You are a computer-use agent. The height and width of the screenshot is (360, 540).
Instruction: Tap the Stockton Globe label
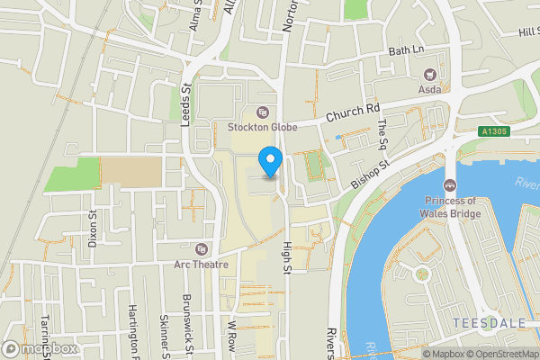pyautogui.click(x=262, y=126)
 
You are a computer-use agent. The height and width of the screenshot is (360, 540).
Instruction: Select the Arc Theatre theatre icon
pyautogui.click(x=202, y=248)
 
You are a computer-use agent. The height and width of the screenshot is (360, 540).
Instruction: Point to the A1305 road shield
pyautogui.click(x=494, y=131)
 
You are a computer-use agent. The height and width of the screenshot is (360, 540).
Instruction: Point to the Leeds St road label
pyautogui.click(x=187, y=104)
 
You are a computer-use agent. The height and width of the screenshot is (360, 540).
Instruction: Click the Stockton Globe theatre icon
pyautogui.click(x=262, y=112)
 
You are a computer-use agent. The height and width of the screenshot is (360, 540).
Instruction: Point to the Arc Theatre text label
pyautogui.click(x=202, y=265)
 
